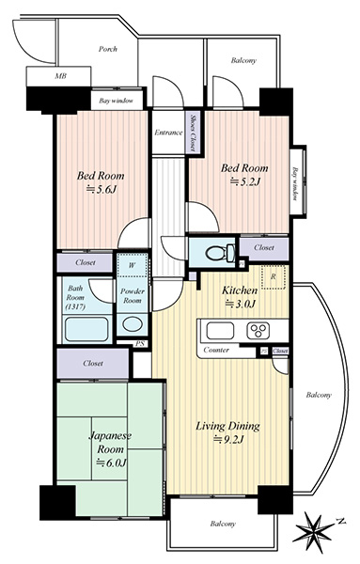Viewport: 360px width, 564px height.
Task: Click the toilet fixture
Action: click(220, 253)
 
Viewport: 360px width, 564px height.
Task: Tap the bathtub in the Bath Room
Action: click(86, 329)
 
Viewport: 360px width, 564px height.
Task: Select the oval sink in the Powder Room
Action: click(132, 323)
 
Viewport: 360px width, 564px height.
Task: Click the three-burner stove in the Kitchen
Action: click(258, 330)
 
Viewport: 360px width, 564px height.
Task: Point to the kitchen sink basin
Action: click(220, 331)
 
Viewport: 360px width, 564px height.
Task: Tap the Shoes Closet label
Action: click(194, 132)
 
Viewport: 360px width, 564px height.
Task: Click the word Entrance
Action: click(168, 133)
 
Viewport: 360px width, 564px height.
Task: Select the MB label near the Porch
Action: click(60, 76)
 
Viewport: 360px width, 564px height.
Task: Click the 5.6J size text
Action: click(102, 189)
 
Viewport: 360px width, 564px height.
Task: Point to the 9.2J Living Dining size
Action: click(229, 439)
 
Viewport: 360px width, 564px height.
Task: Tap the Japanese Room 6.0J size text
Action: click(111, 462)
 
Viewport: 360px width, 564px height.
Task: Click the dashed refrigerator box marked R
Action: click(274, 277)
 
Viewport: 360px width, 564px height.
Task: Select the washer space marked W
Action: click(132, 265)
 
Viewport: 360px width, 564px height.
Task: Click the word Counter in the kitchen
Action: click(216, 350)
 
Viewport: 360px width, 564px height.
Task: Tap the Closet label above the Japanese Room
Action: click(93, 363)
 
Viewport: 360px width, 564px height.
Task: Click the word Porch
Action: click(108, 49)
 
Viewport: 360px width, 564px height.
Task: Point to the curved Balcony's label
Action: click(319, 395)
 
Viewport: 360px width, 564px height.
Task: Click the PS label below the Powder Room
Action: click(139, 344)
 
